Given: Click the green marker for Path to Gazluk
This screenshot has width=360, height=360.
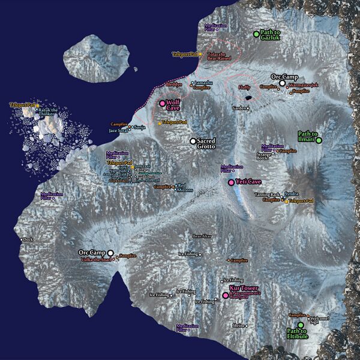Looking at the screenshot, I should coord(256,34).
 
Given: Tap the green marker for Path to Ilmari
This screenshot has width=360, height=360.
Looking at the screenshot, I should coord(319,140).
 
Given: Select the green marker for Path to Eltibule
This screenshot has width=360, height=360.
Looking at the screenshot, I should coord(301,325).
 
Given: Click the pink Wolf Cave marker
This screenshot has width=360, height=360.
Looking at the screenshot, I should coord(162,104).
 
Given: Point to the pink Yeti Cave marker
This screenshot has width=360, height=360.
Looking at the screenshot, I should coord(231,182).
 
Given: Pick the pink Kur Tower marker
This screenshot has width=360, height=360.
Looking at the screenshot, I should coord(225,295).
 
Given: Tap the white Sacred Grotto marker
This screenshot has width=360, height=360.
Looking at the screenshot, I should coord(193,141).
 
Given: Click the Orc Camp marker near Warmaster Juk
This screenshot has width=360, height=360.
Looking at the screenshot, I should coord(282,83).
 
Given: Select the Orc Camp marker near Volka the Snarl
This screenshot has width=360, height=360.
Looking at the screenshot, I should coord(110,253).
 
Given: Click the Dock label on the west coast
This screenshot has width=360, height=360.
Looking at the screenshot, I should coord(28,239).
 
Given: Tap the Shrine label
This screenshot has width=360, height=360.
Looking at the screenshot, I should coord(239,325).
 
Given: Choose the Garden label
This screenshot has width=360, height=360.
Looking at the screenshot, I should coord(239,109).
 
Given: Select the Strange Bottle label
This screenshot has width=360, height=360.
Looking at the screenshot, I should coord(264,157).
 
